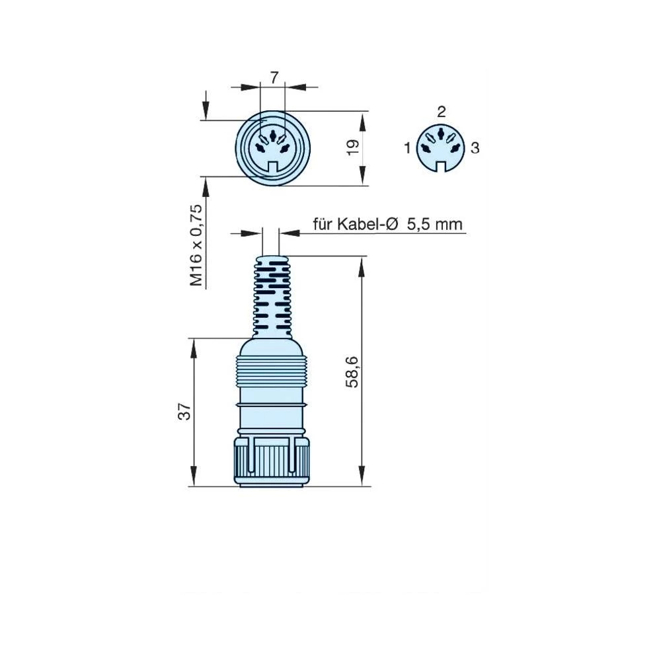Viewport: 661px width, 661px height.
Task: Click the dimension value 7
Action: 273,77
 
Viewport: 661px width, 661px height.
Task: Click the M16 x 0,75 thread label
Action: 196,245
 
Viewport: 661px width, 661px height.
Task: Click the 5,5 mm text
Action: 434,225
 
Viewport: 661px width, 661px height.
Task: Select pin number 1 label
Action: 408,148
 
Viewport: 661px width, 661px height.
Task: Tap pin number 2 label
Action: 442,110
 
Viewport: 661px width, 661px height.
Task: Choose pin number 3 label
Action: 475,148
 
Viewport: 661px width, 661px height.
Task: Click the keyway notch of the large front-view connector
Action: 272,169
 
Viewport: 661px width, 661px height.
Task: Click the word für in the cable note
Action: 323,225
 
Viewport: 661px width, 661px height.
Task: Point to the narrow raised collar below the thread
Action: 271,403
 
